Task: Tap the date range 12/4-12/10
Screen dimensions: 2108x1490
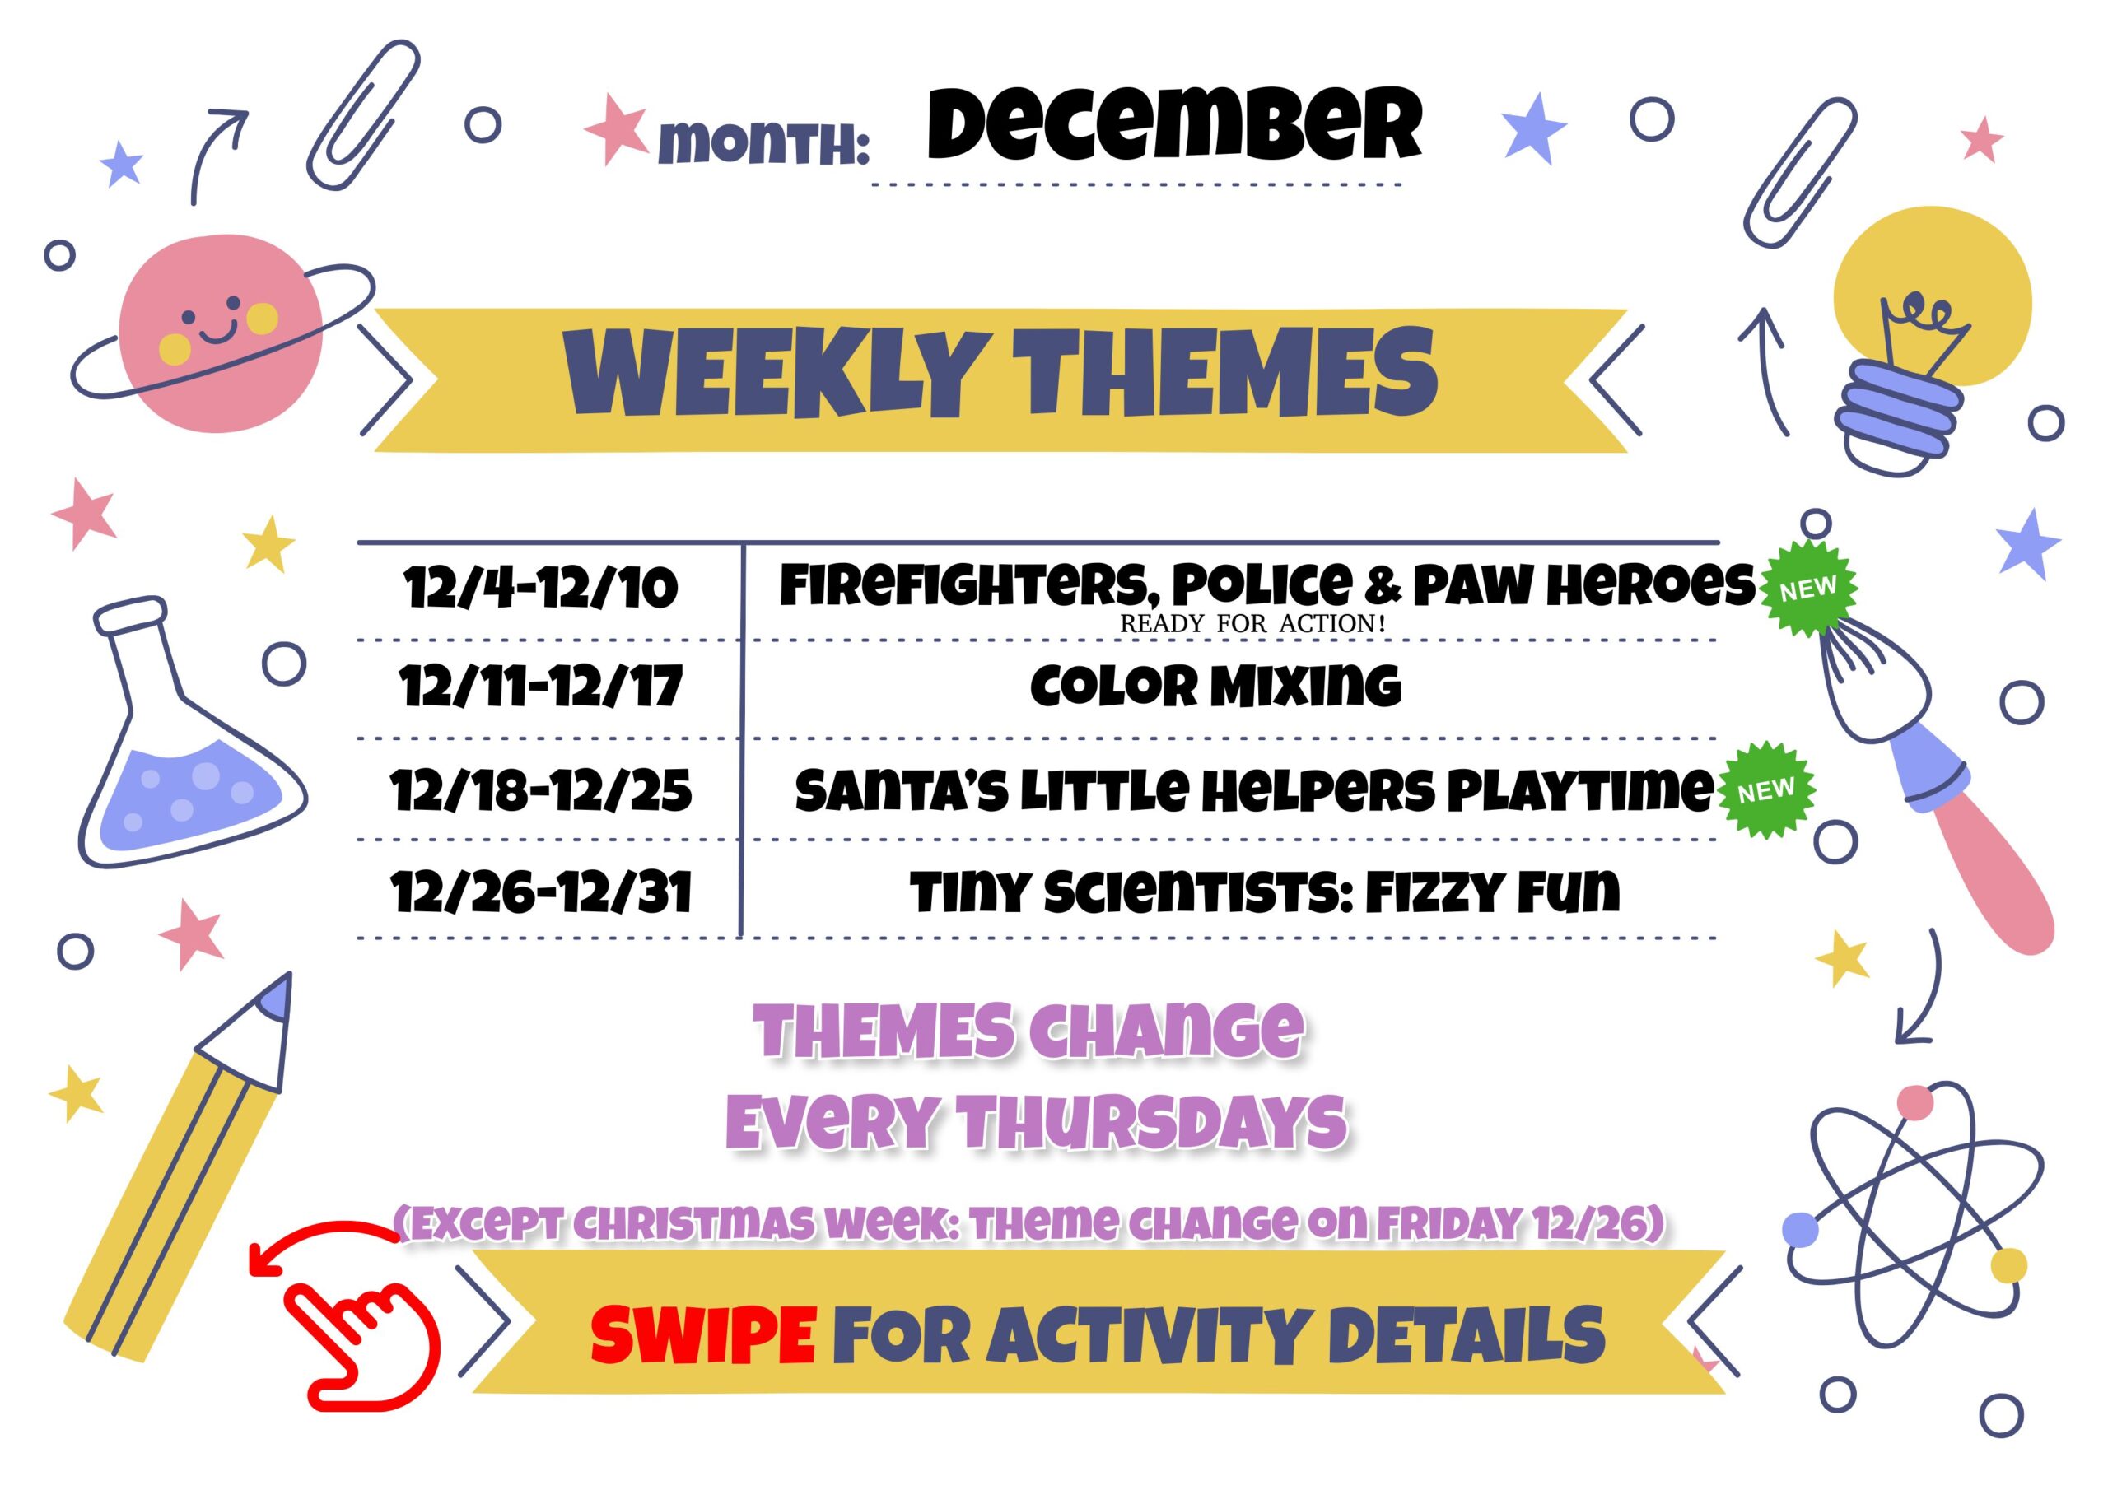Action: [540, 588]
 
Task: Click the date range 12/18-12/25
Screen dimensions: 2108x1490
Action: [541, 790]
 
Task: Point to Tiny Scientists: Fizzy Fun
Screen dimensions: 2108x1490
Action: [1265, 891]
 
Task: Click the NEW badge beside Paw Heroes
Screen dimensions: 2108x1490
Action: [1807, 589]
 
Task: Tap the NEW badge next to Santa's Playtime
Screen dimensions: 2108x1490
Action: [1765, 789]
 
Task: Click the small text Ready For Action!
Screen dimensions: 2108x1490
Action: [1252, 624]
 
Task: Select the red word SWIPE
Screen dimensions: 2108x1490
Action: [703, 1336]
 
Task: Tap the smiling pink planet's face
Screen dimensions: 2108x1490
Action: [221, 330]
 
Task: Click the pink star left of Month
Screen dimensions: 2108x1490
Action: [617, 128]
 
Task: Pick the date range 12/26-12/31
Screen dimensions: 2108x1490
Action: [541, 892]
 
